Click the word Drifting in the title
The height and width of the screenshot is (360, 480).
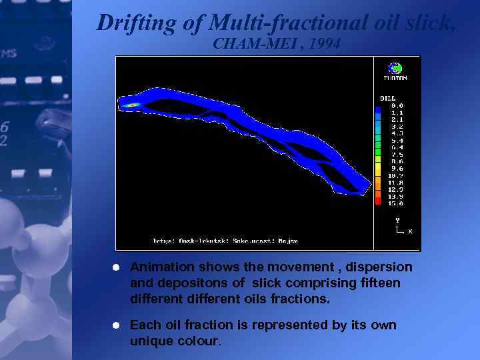[135, 23]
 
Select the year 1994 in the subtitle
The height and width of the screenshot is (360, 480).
[325, 45]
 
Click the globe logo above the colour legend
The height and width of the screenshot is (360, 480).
[395, 68]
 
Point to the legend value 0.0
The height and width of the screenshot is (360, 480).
[397, 105]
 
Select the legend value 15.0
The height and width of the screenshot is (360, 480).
[397, 203]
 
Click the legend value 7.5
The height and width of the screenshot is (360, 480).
[397, 155]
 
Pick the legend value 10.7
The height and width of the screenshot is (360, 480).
[397, 175]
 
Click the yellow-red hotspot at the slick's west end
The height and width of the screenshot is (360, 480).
[132, 105]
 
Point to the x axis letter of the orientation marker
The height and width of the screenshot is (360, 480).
[410, 231]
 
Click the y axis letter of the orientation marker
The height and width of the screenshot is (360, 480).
[397, 219]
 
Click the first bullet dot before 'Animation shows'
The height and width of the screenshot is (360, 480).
[115, 267]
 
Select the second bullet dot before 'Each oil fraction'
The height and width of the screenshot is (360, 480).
[115, 325]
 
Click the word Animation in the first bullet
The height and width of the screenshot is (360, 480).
[157, 267]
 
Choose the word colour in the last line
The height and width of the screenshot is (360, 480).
[199, 341]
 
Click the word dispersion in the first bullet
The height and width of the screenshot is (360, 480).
[381, 267]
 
